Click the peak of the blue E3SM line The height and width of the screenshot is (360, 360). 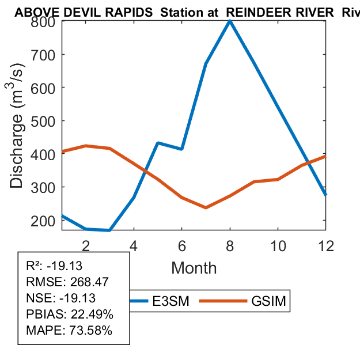230,21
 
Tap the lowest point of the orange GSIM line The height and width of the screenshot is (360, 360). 206,207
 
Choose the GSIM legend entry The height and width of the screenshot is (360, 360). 268,301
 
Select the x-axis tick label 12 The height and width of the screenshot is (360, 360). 325,245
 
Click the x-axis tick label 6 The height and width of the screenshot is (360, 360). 182,245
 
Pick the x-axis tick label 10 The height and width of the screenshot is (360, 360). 278,245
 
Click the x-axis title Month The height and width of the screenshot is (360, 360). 194,268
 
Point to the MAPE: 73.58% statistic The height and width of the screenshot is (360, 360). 69,331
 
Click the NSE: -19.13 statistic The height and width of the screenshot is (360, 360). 61,298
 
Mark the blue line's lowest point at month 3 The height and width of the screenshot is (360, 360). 109,230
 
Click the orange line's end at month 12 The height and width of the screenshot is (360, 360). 325,156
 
